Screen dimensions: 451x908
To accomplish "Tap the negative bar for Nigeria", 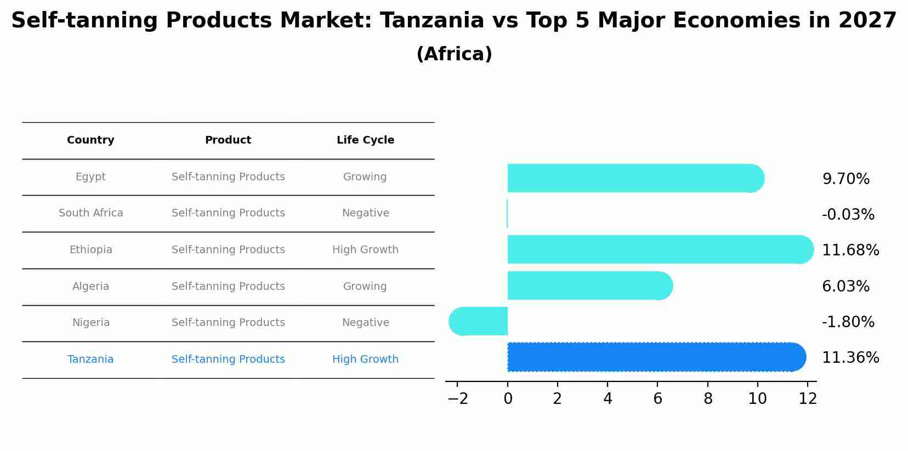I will coord(478,321).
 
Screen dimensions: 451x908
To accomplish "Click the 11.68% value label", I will coord(850,250).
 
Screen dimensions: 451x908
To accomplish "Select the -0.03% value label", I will coord(848,215).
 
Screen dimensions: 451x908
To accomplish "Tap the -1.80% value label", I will coord(848,322).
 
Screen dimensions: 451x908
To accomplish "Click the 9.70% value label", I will coord(845,179).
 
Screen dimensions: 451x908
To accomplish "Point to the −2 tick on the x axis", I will coord(458,399).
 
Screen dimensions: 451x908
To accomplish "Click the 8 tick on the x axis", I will coord(708,399).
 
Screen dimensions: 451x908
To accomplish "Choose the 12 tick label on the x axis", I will coord(808,399).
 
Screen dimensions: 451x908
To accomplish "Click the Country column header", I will coord(90,140).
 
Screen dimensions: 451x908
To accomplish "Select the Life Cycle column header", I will coord(365,140).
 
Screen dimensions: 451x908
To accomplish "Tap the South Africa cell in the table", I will coord(91,213).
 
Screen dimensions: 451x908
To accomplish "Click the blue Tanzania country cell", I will coord(90,359).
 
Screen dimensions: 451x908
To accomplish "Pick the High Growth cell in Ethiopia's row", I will coord(365,250).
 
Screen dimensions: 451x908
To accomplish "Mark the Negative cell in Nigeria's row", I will coord(365,323).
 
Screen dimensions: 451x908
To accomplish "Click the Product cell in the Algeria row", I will coord(228,287).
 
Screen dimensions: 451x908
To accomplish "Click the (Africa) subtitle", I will coord(454,54).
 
